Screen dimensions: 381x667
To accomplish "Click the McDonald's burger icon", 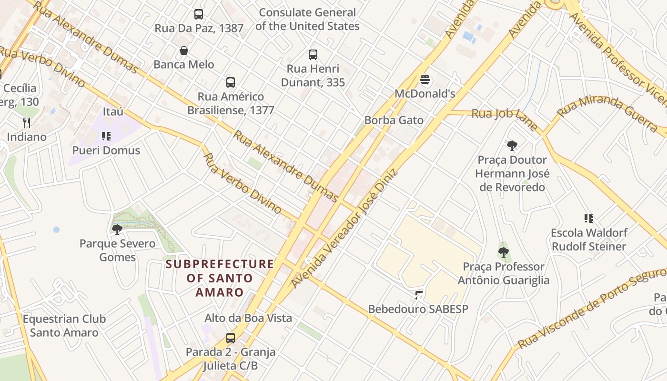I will (425, 79).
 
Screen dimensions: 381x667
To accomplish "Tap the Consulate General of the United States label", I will (307, 19).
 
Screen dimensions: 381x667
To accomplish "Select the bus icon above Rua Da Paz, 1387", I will (199, 14).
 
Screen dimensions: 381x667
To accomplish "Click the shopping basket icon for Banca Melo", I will (184, 50).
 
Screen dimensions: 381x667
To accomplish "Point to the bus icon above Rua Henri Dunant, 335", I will (313, 55).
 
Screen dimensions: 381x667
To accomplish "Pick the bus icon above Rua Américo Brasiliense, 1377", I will (231, 82).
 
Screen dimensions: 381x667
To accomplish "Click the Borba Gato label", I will (394, 120).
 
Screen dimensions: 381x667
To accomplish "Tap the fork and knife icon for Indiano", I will (27, 123).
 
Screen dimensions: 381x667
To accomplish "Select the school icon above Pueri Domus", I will (106, 137).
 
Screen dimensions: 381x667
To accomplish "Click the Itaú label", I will (113, 111).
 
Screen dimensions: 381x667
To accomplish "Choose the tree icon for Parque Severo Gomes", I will (117, 230).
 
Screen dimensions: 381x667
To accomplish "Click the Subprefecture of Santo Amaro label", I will (220, 278).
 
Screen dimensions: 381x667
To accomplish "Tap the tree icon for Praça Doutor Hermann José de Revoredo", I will (512, 145).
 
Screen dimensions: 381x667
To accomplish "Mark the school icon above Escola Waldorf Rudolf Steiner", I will (588, 219).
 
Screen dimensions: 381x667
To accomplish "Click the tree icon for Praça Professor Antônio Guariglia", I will (504, 252).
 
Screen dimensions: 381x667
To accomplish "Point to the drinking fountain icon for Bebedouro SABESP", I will (418, 295).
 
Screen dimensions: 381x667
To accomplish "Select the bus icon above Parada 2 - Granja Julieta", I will (231, 338).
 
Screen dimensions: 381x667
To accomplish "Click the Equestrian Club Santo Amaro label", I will (64, 325).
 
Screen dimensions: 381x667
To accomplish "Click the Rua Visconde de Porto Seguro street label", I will (591, 310).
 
